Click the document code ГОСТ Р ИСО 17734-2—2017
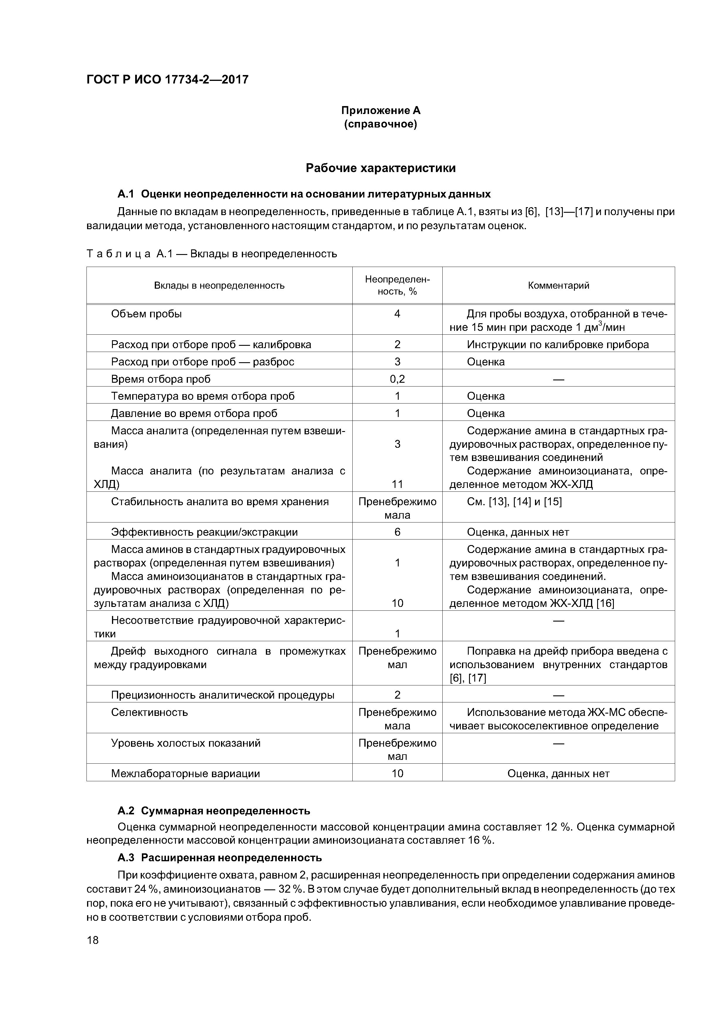point(167,80)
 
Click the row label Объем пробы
point(147,314)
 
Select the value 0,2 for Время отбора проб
point(397,379)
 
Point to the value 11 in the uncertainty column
point(397,484)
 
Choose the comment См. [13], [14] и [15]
point(514,502)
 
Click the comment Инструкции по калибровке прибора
point(558,345)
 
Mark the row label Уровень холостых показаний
point(186,743)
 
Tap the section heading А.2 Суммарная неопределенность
point(214,811)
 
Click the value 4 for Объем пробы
point(397,314)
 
